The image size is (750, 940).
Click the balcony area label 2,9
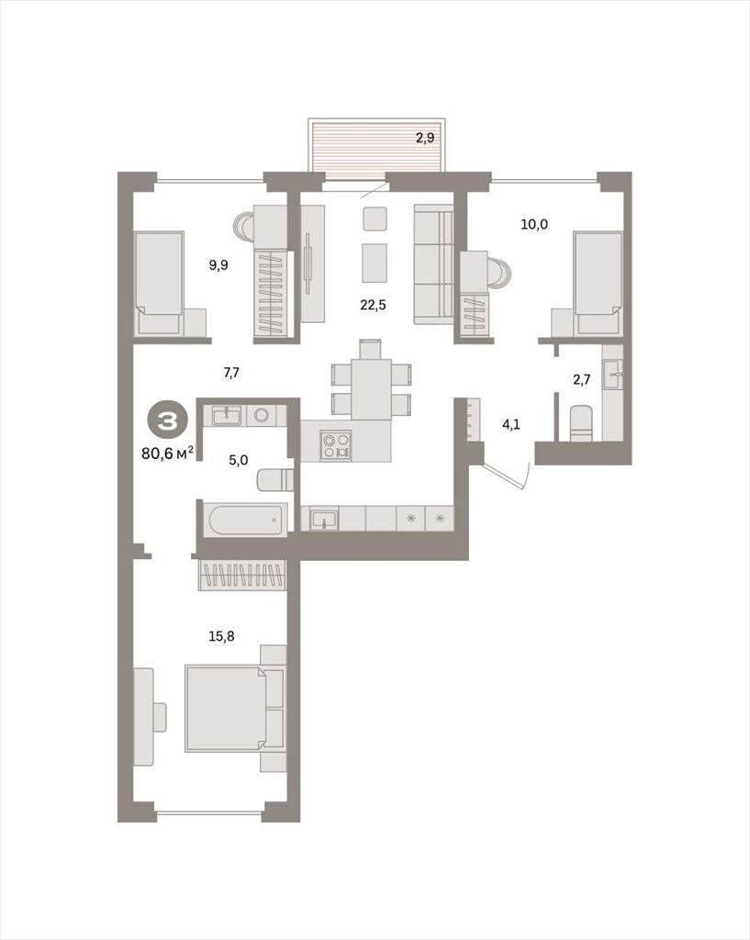click(425, 138)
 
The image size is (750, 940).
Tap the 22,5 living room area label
click(373, 305)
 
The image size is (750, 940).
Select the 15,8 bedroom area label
click(221, 637)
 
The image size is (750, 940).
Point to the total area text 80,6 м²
click(167, 453)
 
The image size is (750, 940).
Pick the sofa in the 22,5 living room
click(433, 263)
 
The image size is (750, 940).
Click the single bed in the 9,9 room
click(159, 283)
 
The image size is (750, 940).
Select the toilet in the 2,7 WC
click(580, 422)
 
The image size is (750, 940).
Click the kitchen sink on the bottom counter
click(324, 518)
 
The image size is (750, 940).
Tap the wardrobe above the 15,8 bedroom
click(242, 575)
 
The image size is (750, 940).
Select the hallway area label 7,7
click(231, 373)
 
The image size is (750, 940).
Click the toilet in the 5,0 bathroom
click(275, 480)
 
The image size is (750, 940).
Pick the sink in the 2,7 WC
click(612, 375)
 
